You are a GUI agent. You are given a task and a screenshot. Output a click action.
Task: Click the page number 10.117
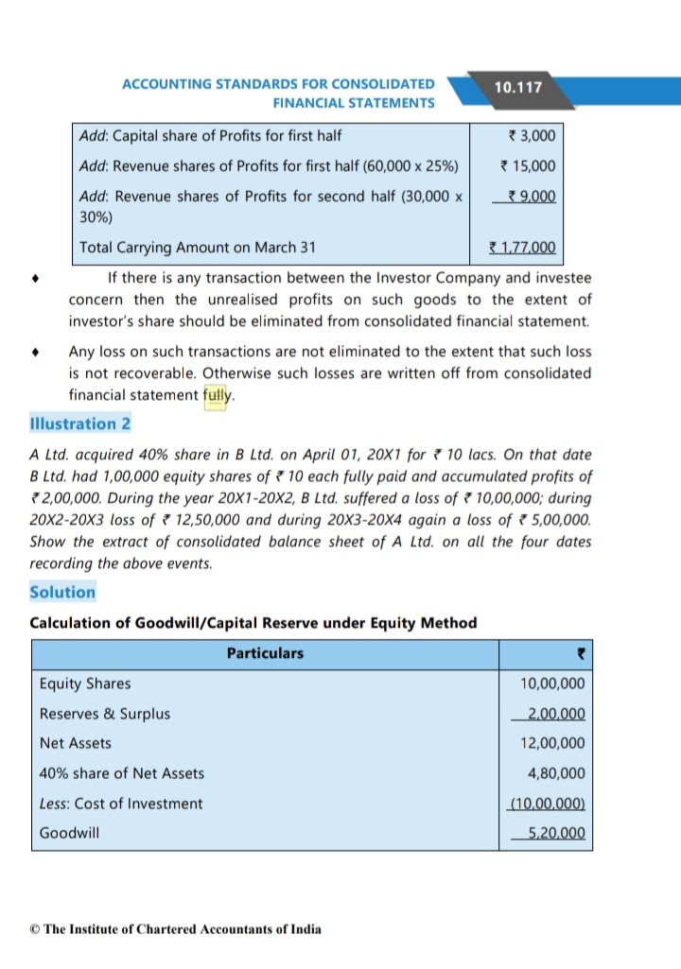(517, 87)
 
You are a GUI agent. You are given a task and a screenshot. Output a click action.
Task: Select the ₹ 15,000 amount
(528, 166)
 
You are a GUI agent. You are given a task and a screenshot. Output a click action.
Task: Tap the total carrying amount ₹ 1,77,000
(523, 249)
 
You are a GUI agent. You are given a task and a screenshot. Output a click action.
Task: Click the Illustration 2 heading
(80, 424)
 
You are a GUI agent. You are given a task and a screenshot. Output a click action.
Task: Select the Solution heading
(62, 592)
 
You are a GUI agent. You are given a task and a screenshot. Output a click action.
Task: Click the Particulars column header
(265, 653)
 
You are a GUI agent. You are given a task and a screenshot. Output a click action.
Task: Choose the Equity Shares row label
(85, 683)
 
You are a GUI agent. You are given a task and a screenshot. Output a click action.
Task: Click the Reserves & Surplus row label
(104, 714)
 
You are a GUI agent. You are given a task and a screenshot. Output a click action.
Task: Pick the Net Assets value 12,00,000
(552, 743)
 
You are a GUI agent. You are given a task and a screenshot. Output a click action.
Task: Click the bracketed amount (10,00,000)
(548, 804)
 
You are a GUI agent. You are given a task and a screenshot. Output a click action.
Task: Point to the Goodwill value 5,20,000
(552, 834)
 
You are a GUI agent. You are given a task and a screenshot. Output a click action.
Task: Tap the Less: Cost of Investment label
(120, 804)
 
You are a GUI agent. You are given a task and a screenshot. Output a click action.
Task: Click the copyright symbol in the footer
(35, 929)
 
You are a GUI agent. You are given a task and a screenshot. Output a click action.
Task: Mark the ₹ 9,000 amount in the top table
(531, 197)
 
